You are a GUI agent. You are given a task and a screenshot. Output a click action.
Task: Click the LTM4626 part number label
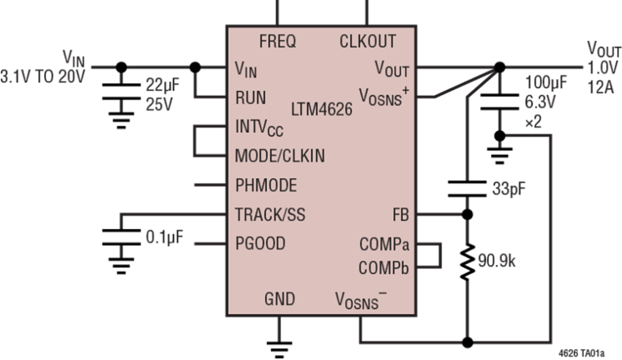tap(322, 109)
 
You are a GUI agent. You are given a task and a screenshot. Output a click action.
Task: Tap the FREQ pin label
tap(277, 41)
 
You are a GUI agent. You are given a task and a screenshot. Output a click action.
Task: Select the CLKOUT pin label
tap(368, 41)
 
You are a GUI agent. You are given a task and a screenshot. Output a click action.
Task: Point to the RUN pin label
tap(251, 97)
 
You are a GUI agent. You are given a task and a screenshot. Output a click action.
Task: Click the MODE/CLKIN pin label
tap(280, 156)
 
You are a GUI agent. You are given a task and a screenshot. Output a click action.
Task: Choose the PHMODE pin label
tap(266, 185)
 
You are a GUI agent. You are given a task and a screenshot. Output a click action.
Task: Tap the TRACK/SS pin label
tap(270, 214)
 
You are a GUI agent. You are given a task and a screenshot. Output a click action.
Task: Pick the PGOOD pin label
tap(261, 244)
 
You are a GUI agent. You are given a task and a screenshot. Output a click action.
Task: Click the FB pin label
tap(401, 215)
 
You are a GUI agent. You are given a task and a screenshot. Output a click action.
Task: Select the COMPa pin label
tap(384, 244)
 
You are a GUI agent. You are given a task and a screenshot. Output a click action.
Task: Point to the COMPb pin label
tap(383, 269)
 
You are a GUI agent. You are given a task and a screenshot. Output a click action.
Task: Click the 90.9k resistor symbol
tap(468, 263)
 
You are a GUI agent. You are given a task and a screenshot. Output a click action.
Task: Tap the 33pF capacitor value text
tap(509, 189)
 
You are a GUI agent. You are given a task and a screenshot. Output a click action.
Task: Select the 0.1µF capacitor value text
tap(165, 237)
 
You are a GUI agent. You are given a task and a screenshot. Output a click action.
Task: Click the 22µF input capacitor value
tap(162, 85)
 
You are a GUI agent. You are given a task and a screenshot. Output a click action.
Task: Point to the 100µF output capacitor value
tap(546, 83)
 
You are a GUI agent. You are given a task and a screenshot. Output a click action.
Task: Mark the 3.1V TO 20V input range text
tap(42, 77)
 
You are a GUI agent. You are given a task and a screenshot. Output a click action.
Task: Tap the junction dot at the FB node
tap(468, 214)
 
